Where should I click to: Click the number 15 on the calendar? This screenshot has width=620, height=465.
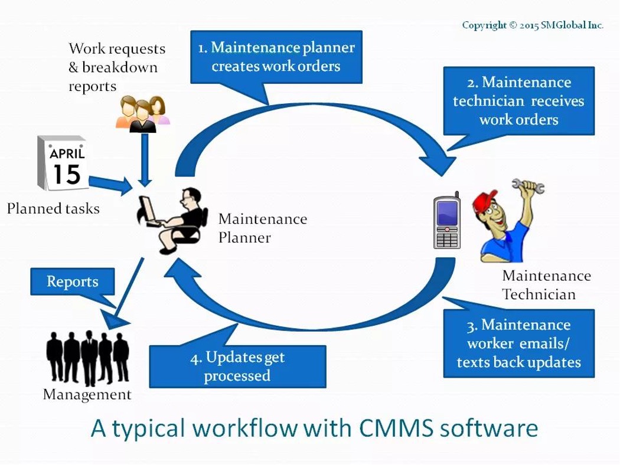tap(67, 175)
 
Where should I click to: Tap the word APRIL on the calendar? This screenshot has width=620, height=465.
tap(67, 155)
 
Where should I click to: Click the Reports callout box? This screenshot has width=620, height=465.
tap(72, 283)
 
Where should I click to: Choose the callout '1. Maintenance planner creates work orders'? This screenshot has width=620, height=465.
tap(275, 56)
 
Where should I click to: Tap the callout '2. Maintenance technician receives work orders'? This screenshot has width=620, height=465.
tap(518, 101)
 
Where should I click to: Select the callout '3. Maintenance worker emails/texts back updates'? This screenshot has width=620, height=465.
tap(518, 343)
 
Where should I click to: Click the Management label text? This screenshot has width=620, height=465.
tap(87, 394)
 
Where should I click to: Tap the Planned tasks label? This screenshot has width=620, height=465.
tap(53, 208)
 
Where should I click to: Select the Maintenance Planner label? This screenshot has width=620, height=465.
tap(262, 228)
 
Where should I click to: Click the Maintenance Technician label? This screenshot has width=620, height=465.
tap(546, 284)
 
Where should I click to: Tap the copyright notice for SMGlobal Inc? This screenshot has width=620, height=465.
tap(532, 25)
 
